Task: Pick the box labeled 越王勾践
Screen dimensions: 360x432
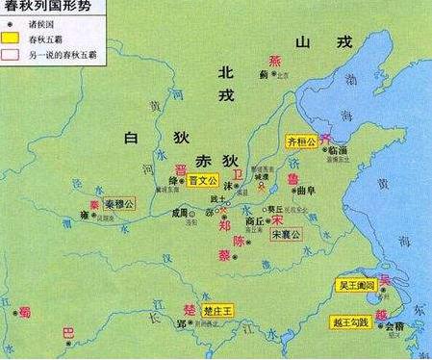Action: click(352, 322)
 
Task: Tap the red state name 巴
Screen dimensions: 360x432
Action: click(67, 332)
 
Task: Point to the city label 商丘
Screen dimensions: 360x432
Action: click(255, 219)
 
